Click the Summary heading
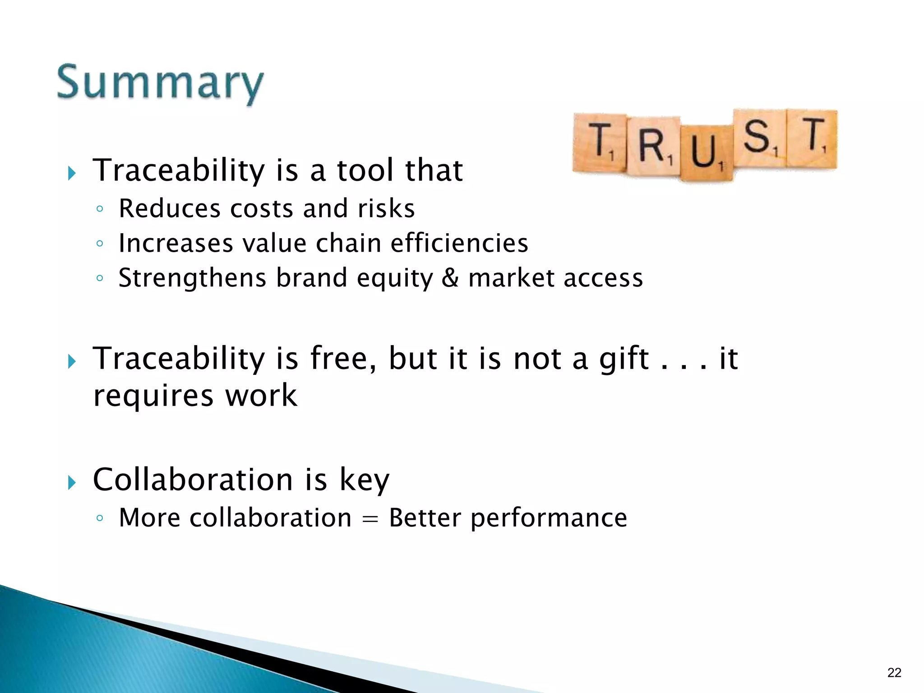(x=160, y=83)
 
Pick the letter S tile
(x=759, y=138)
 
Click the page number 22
(x=894, y=673)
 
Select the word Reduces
(x=169, y=208)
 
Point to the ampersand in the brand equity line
(x=450, y=277)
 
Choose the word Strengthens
(x=192, y=278)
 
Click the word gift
(x=624, y=359)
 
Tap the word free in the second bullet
(x=342, y=358)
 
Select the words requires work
(x=195, y=396)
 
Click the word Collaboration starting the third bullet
(x=193, y=480)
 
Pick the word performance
(x=549, y=518)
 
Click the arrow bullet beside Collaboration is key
(x=71, y=482)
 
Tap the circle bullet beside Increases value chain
(x=100, y=244)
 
